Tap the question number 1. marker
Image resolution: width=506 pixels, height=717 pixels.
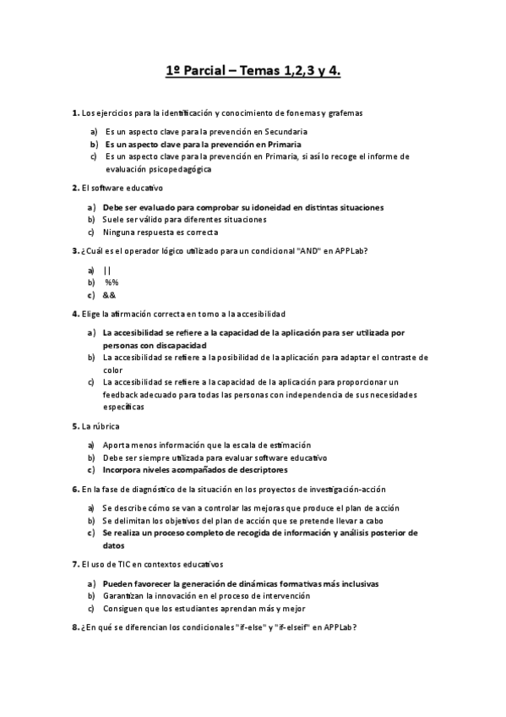[x=75, y=112]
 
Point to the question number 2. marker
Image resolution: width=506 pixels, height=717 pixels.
[x=75, y=188]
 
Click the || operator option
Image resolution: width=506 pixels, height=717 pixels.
[x=106, y=270]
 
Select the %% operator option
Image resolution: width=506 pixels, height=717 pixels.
[x=112, y=282]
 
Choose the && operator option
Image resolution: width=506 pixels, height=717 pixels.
[x=109, y=295]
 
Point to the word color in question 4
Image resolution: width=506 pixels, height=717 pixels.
[x=113, y=369]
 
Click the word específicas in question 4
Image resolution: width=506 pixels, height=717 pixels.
[x=123, y=407]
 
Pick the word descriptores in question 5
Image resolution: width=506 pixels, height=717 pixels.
[x=256, y=469]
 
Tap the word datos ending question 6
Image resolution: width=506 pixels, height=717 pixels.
[x=114, y=545]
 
